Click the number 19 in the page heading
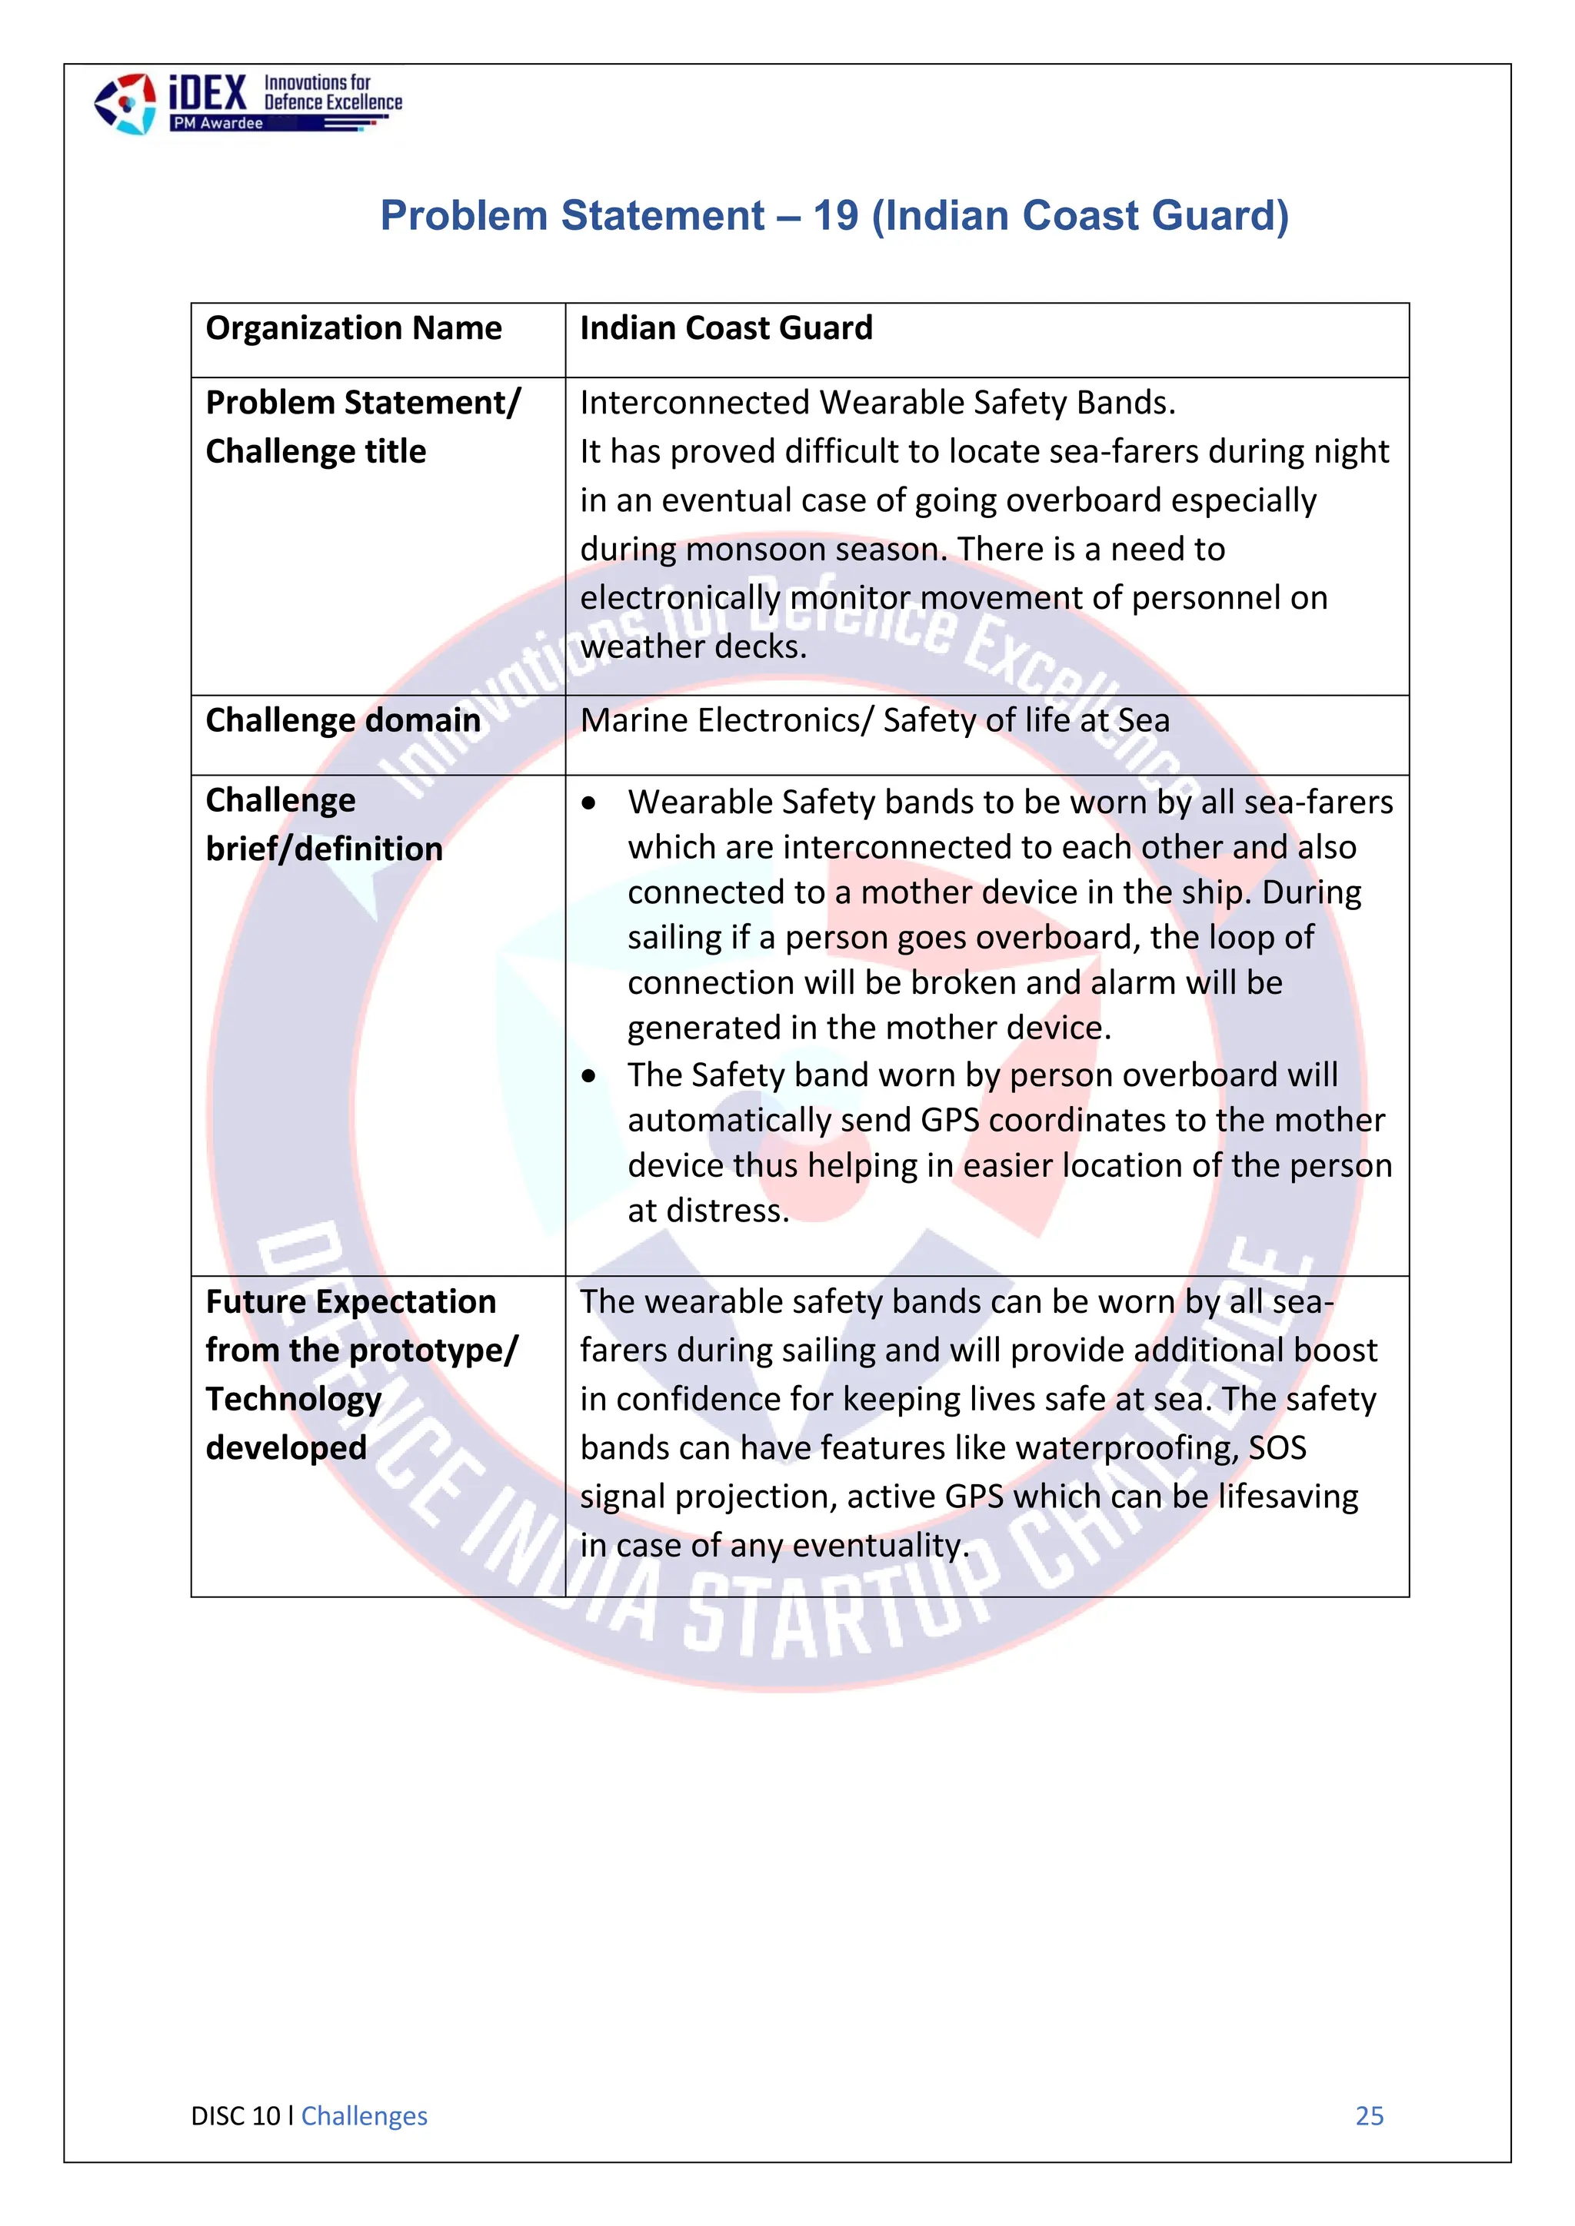tap(835, 215)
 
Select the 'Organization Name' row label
tap(353, 329)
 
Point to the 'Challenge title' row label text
tap(315, 452)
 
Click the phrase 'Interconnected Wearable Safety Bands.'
tap(877, 402)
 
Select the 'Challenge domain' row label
tap(342, 720)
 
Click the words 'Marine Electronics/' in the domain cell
tap(727, 720)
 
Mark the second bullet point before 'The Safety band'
tap(588, 1076)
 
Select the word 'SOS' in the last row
tap(1277, 1447)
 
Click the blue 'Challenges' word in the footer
tap(364, 2116)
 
